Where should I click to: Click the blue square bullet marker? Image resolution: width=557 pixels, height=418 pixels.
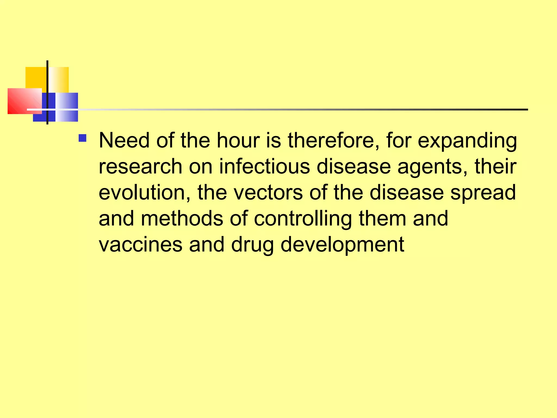(x=82, y=138)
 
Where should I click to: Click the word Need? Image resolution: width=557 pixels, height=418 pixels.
(x=124, y=140)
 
